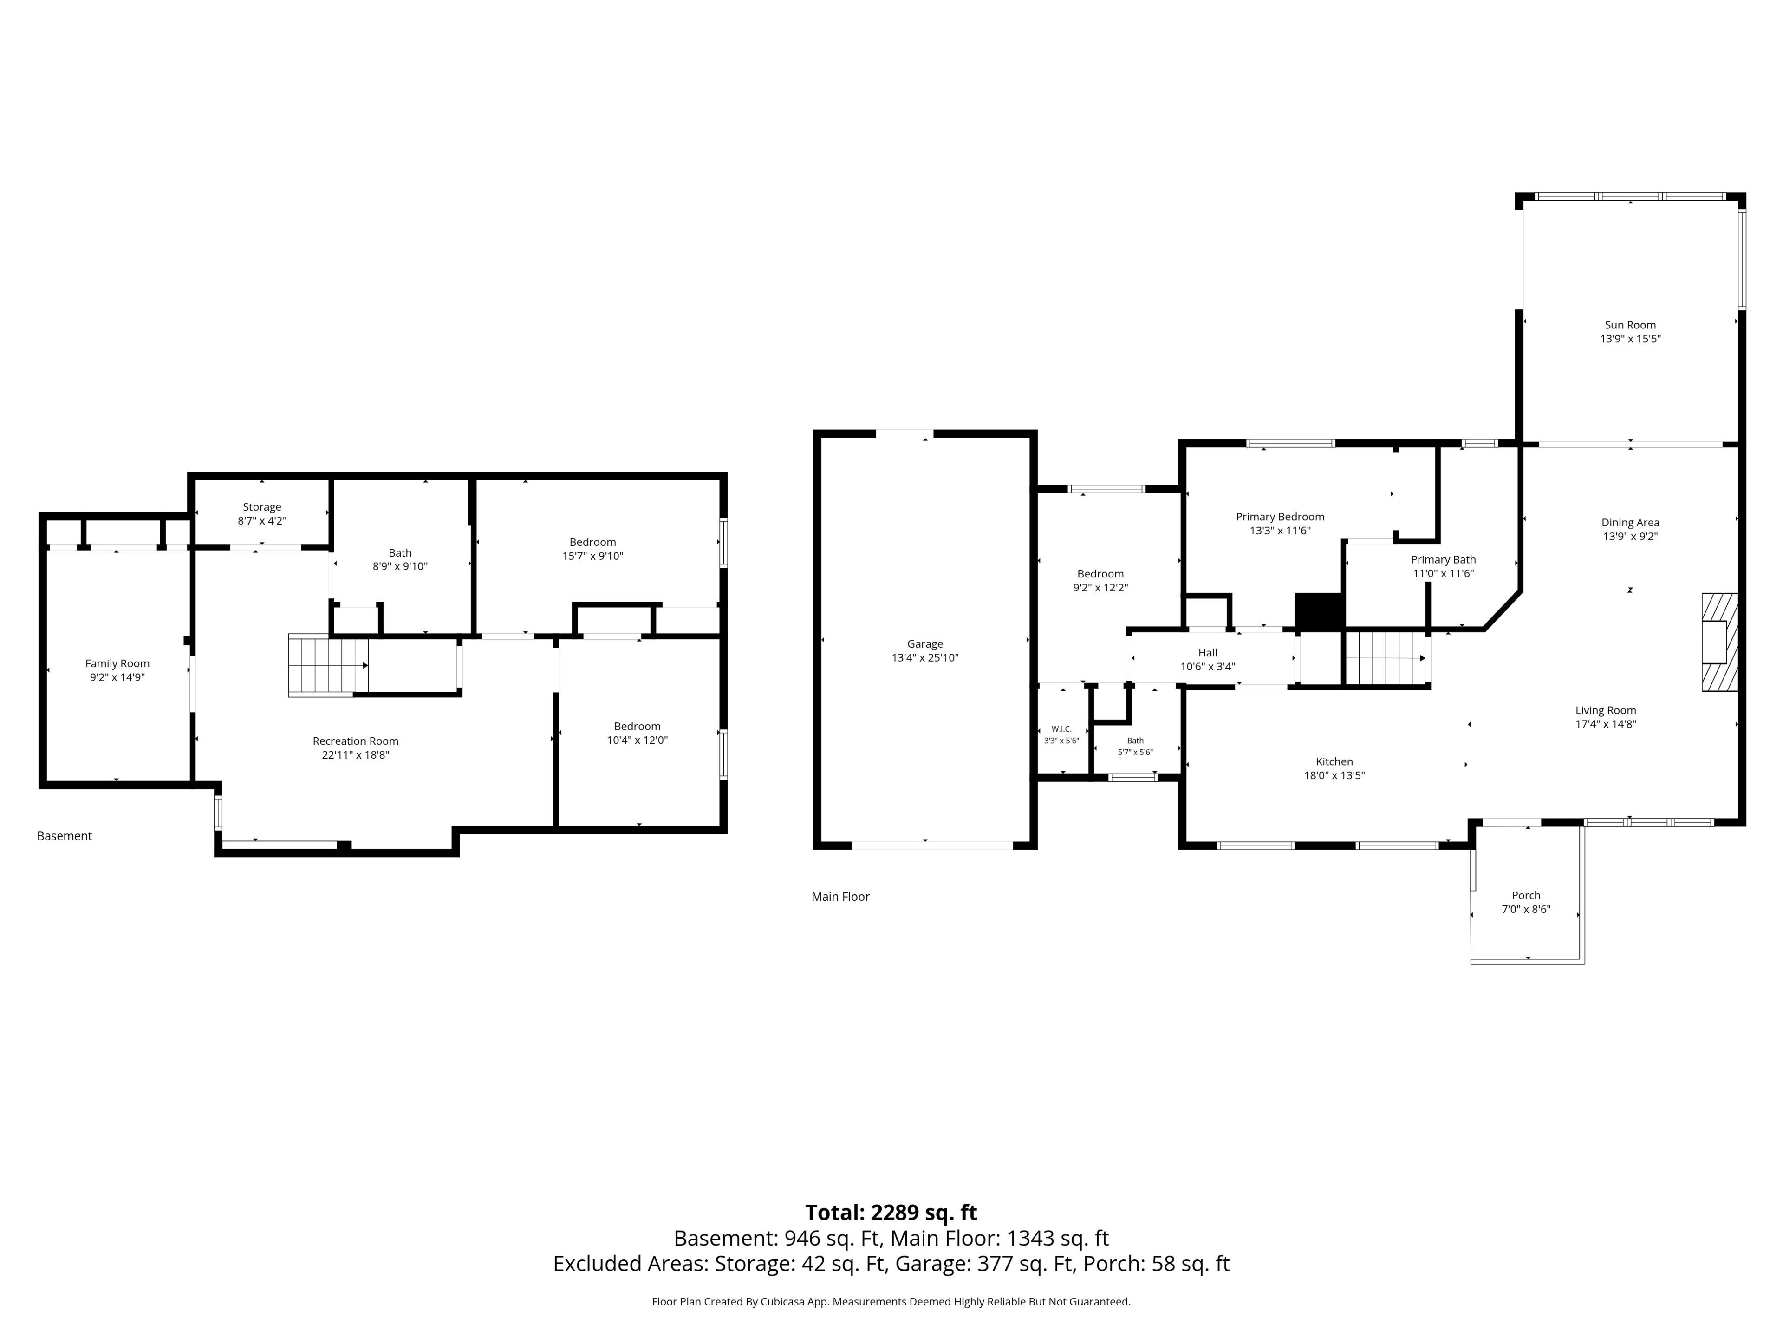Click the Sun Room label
click(x=1630, y=325)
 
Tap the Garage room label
click(x=924, y=643)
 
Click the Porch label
click(x=1526, y=895)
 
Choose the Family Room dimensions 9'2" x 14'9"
click(x=117, y=677)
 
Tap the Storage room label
click(x=262, y=507)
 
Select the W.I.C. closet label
click(x=1061, y=729)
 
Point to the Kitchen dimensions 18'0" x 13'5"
click(x=1335, y=776)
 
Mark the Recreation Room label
click(x=356, y=741)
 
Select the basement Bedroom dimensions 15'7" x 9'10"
click(x=593, y=556)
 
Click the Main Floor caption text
click(x=841, y=897)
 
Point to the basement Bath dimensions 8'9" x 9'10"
click(x=400, y=566)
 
